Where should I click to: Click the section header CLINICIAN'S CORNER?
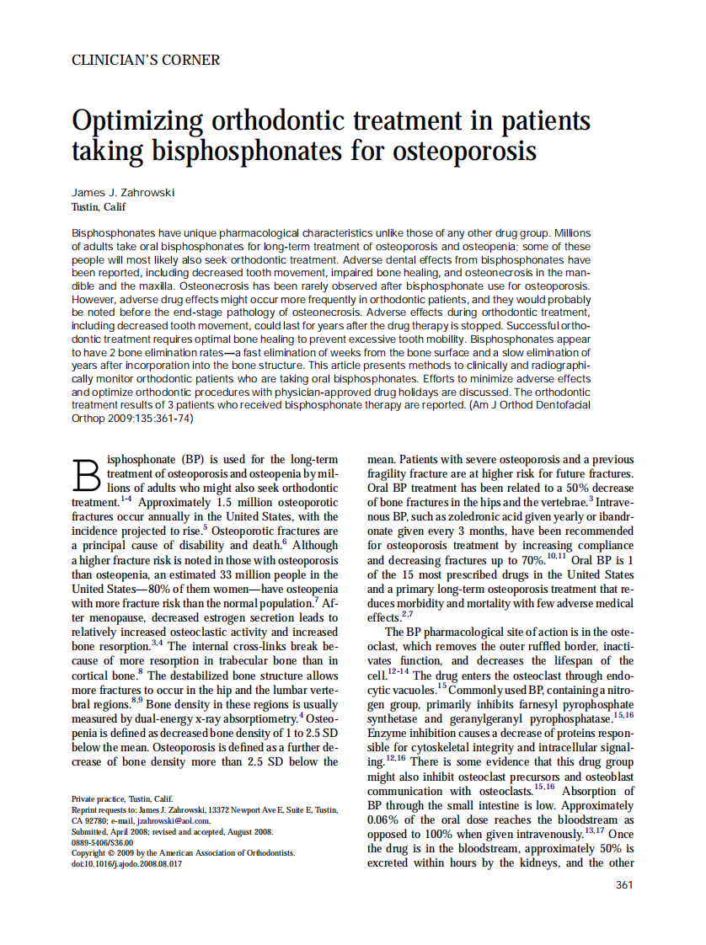pos(146,61)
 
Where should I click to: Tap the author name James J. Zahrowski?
pos(123,192)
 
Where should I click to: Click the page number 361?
pos(624,884)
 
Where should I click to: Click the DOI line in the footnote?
pos(127,863)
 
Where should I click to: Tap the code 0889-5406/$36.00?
pos(103,841)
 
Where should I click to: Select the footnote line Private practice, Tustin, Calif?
pos(122,798)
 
